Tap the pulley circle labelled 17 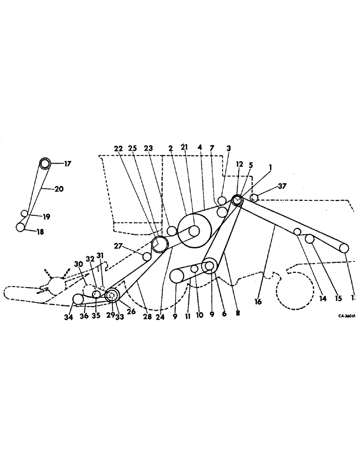(x=44, y=164)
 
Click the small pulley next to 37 (x=254, y=198)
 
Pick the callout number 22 (x=118, y=148)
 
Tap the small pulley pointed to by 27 (x=147, y=256)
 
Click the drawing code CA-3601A (x=347, y=315)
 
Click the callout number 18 (x=41, y=232)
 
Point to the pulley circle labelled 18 (x=21, y=227)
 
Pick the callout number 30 (x=78, y=263)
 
